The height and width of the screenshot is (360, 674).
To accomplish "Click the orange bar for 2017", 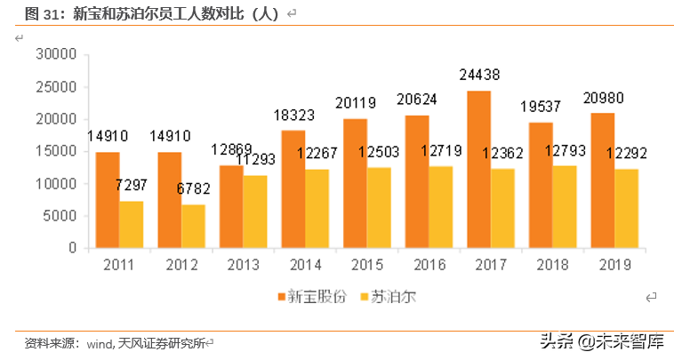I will point(479,170).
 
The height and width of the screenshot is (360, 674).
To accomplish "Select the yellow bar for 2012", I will point(194,226).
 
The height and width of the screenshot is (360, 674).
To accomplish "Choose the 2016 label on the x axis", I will point(429,264).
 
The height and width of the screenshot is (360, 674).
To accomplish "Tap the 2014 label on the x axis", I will point(305,264).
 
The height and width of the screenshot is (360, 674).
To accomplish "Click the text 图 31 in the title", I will point(43,13).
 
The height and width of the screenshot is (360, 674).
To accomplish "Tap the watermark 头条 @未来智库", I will point(601,340).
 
